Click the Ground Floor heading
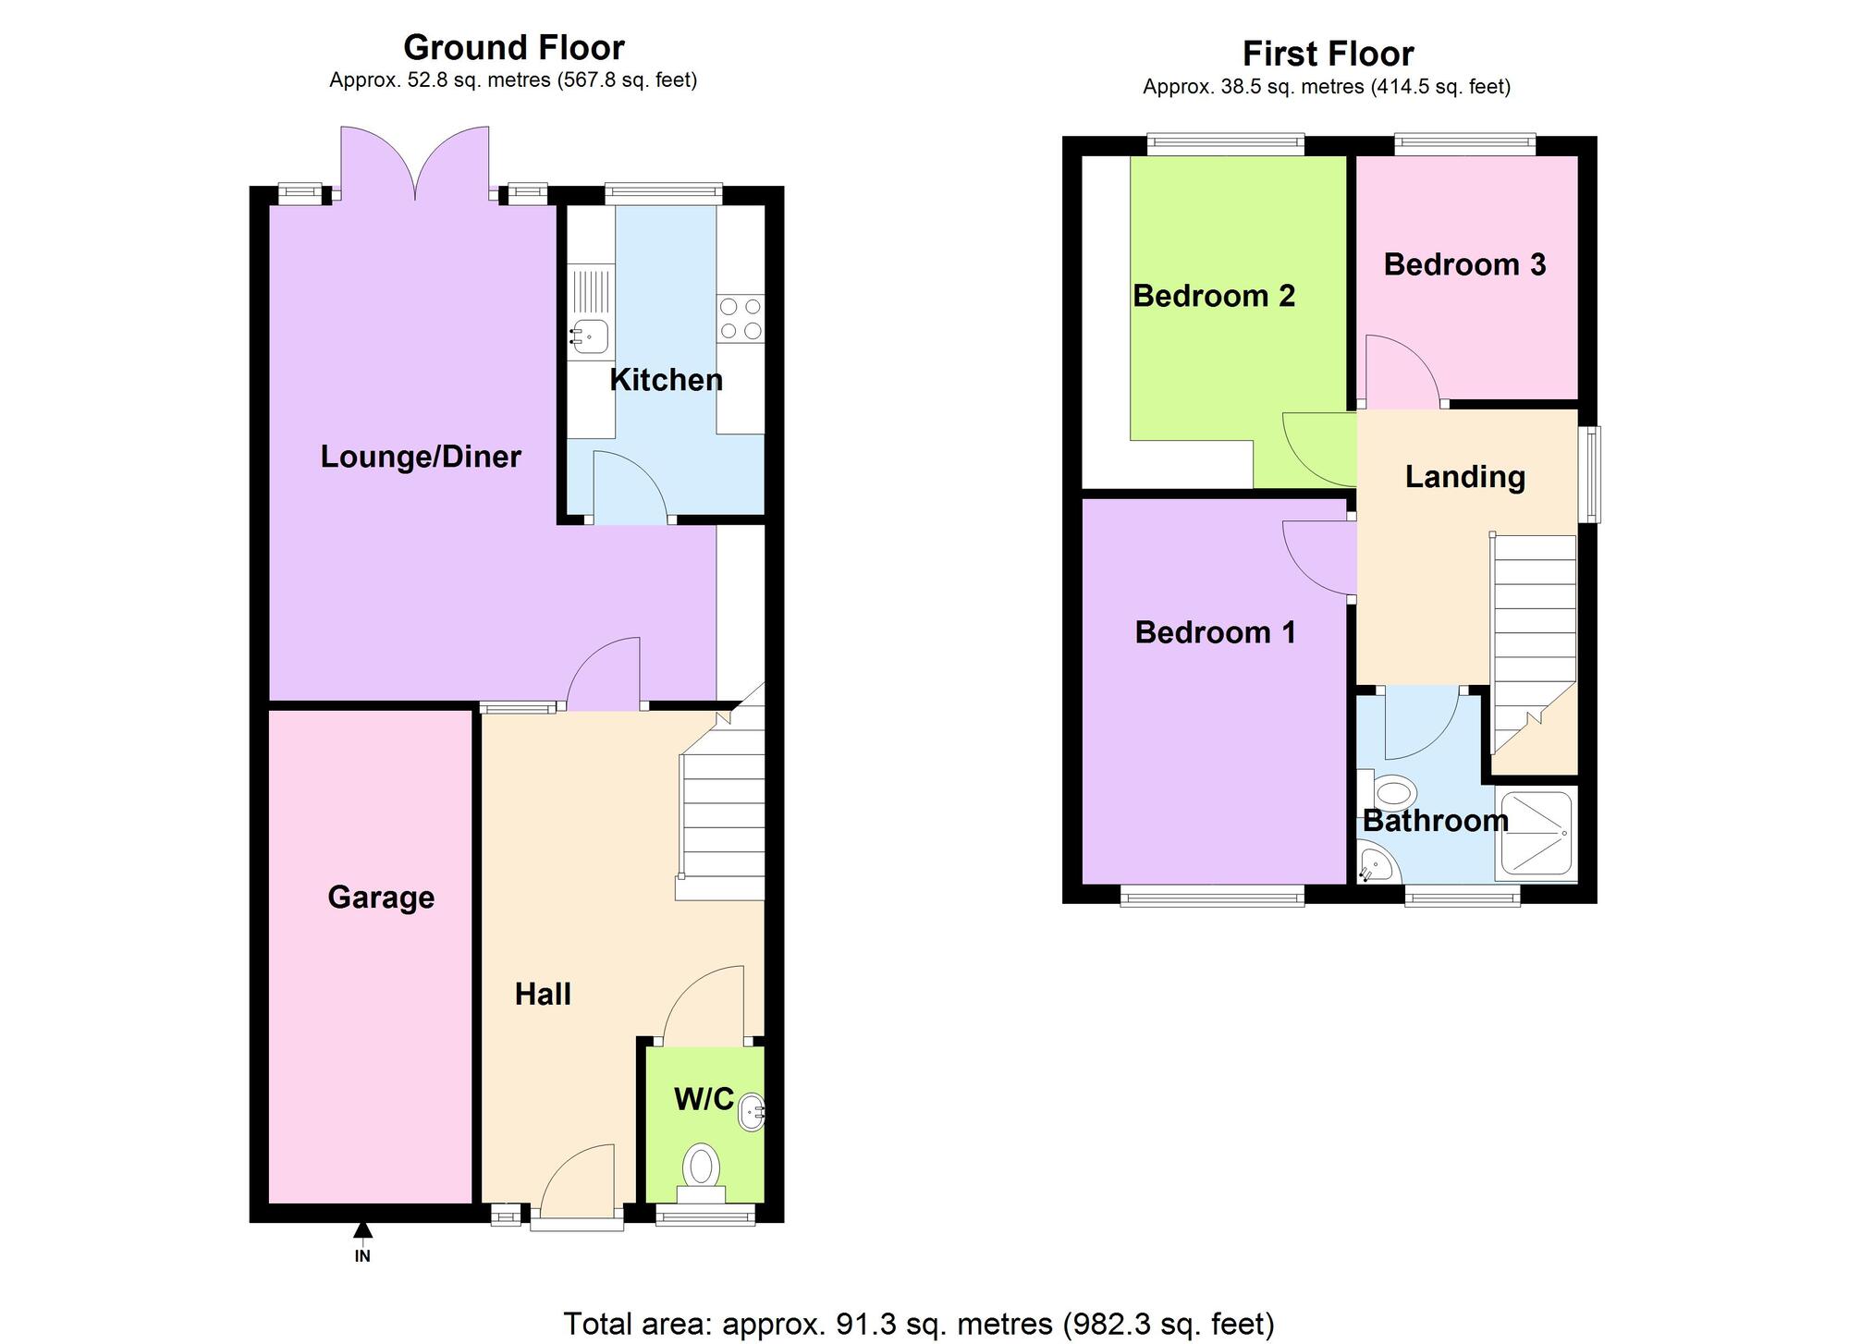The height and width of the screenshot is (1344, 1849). [x=514, y=47]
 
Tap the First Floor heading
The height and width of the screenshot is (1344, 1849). [x=1328, y=54]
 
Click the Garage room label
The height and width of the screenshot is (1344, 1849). [x=381, y=898]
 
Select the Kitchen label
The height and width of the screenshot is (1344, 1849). [x=666, y=380]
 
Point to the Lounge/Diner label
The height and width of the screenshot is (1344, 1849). [x=421, y=457]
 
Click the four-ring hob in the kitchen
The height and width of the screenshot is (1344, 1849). [x=741, y=319]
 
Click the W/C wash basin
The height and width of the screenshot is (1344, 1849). [x=753, y=1113]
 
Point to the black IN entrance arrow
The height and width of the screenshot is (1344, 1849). [x=362, y=1229]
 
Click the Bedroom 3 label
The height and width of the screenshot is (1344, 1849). [x=1464, y=264]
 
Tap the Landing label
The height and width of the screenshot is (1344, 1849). [x=1465, y=477]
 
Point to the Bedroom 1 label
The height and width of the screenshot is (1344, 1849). [x=1215, y=632]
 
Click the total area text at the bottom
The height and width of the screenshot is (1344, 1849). [x=919, y=1324]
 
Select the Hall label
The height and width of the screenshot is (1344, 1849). [x=543, y=995]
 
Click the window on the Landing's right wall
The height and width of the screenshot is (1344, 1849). [x=1589, y=474]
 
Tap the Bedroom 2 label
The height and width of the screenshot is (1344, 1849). [x=1214, y=296]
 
